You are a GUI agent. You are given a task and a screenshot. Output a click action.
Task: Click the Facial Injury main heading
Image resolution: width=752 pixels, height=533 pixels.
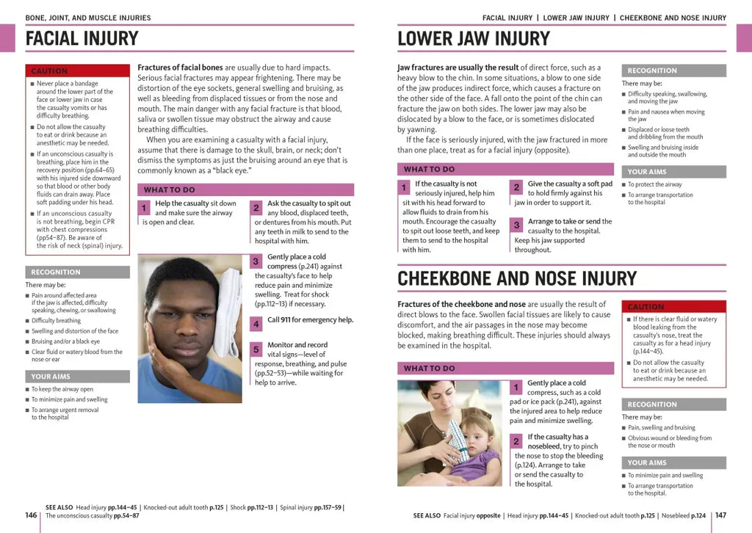(82, 39)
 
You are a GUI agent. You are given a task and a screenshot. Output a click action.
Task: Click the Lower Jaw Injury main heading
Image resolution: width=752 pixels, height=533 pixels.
(474, 39)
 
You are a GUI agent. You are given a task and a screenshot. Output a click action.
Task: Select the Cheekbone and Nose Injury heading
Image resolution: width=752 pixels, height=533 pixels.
(517, 279)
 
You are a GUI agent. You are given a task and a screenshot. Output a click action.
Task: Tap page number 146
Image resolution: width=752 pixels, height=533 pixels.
(31, 515)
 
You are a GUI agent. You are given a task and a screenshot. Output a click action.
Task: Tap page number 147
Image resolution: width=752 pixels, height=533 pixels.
(720, 515)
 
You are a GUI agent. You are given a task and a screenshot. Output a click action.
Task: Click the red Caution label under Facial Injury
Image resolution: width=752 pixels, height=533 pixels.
(49, 71)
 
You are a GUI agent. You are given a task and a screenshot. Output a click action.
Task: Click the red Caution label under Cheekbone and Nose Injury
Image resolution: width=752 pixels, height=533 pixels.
(646, 307)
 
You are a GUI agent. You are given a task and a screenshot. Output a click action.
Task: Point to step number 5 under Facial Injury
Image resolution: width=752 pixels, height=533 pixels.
(256, 349)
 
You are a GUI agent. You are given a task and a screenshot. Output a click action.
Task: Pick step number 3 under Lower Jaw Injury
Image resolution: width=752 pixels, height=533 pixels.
(516, 225)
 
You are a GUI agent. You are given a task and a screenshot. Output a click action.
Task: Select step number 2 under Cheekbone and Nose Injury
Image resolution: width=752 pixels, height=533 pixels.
(516, 441)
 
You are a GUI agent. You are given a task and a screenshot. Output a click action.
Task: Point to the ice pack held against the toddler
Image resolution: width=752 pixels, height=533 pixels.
(456, 440)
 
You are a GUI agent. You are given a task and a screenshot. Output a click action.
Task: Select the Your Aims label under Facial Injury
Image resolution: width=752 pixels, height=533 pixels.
(51, 377)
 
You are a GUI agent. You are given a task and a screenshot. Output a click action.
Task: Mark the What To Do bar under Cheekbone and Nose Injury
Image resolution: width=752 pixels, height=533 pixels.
(430, 369)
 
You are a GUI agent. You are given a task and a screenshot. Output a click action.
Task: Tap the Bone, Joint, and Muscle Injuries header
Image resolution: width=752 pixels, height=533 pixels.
(88, 18)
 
